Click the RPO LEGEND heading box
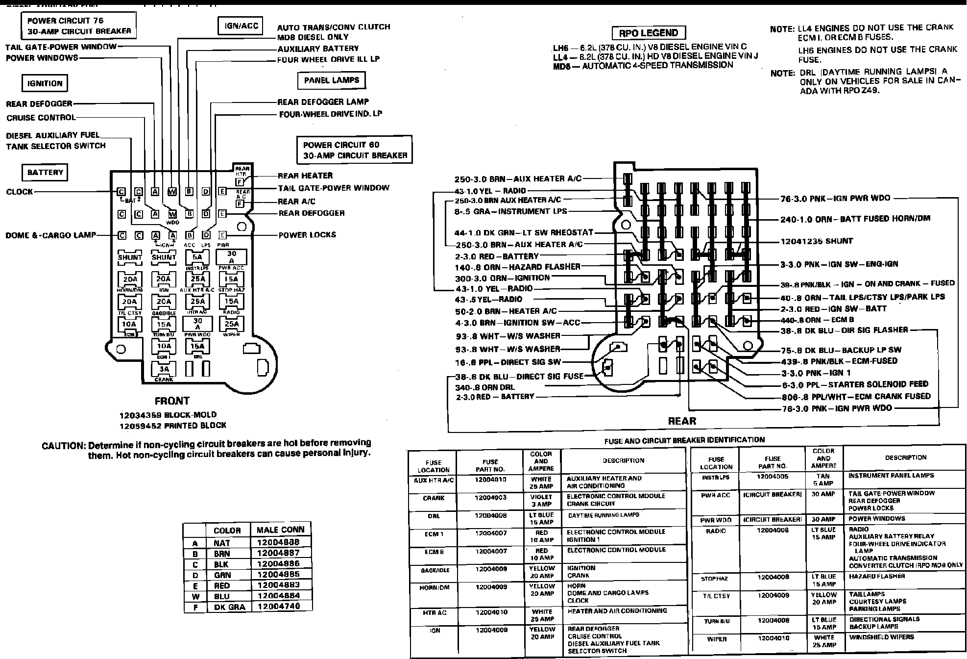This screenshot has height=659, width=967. click(649, 33)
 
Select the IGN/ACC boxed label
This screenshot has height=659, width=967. click(241, 26)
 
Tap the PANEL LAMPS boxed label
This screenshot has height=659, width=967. click(332, 80)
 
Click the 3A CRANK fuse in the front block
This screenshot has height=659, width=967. click(164, 370)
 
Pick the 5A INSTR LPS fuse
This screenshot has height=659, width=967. click(197, 257)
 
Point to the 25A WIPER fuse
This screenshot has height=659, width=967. click(231, 325)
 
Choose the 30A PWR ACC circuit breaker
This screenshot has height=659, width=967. click(231, 257)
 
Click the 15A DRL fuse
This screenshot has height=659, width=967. click(197, 347)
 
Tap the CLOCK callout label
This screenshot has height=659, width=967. click(20, 192)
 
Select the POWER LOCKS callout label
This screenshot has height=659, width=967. click(307, 235)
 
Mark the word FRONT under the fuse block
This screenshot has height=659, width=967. click(172, 401)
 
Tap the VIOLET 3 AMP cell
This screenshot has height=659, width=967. click(541, 501)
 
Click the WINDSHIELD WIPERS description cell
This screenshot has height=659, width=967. click(881, 637)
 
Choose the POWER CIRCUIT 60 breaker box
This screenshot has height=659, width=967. click(355, 150)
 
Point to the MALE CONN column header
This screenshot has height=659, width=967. click(281, 530)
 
